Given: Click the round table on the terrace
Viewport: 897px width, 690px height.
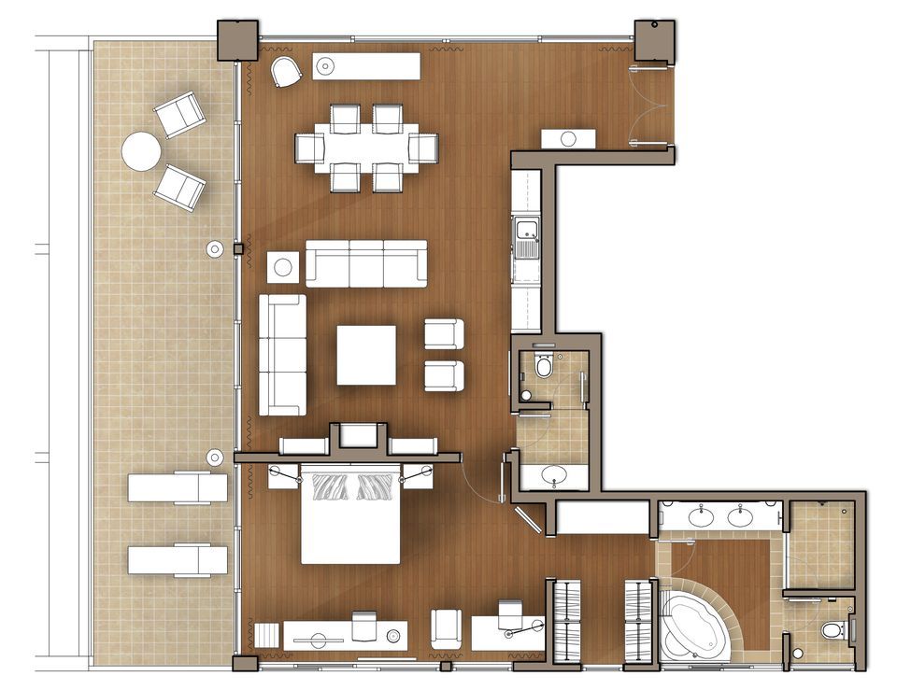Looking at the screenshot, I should pyautogui.click(x=141, y=150).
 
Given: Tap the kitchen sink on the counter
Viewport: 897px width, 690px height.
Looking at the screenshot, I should pyautogui.click(x=526, y=230).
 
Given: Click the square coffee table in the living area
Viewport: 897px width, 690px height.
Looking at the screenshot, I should pyautogui.click(x=365, y=355).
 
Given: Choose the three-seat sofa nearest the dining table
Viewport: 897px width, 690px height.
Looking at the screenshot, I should pyautogui.click(x=366, y=264).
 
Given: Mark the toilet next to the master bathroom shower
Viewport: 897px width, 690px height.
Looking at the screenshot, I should pyautogui.click(x=832, y=631).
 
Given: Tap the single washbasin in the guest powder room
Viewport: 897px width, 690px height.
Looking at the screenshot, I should pyautogui.click(x=553, y=474).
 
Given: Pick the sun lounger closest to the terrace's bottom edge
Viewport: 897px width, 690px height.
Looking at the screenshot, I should pyautogui.click(x=178, y=560).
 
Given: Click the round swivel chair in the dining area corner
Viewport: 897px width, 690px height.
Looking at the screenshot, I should pyautogui.click(x=286, y=72).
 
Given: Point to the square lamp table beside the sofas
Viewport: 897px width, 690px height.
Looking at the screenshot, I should pyautogui.click(x=283, y=267).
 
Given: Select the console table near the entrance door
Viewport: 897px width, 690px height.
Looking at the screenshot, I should pyautogui.click(x=568, y=139).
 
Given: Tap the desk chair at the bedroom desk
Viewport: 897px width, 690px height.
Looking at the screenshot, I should pyautogui.click(x=509, y=614).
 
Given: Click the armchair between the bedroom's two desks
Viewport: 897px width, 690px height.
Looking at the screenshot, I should pyautogui.click(x=448, y=628).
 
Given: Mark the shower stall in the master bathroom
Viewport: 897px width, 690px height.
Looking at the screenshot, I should pyautogui.click(x=820, y=545).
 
